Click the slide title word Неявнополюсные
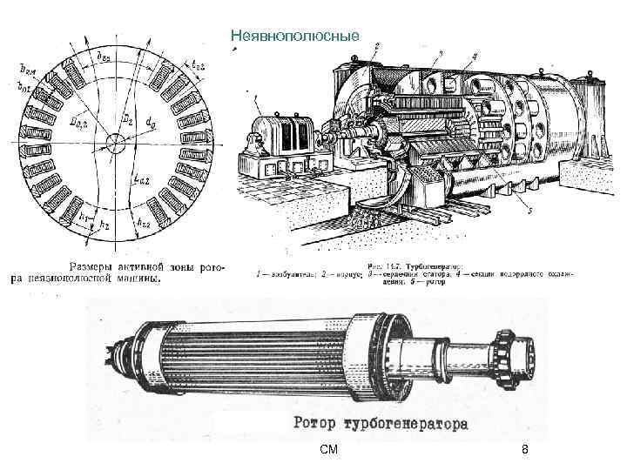(x=284, y=36)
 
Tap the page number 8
(x=524, y=450)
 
